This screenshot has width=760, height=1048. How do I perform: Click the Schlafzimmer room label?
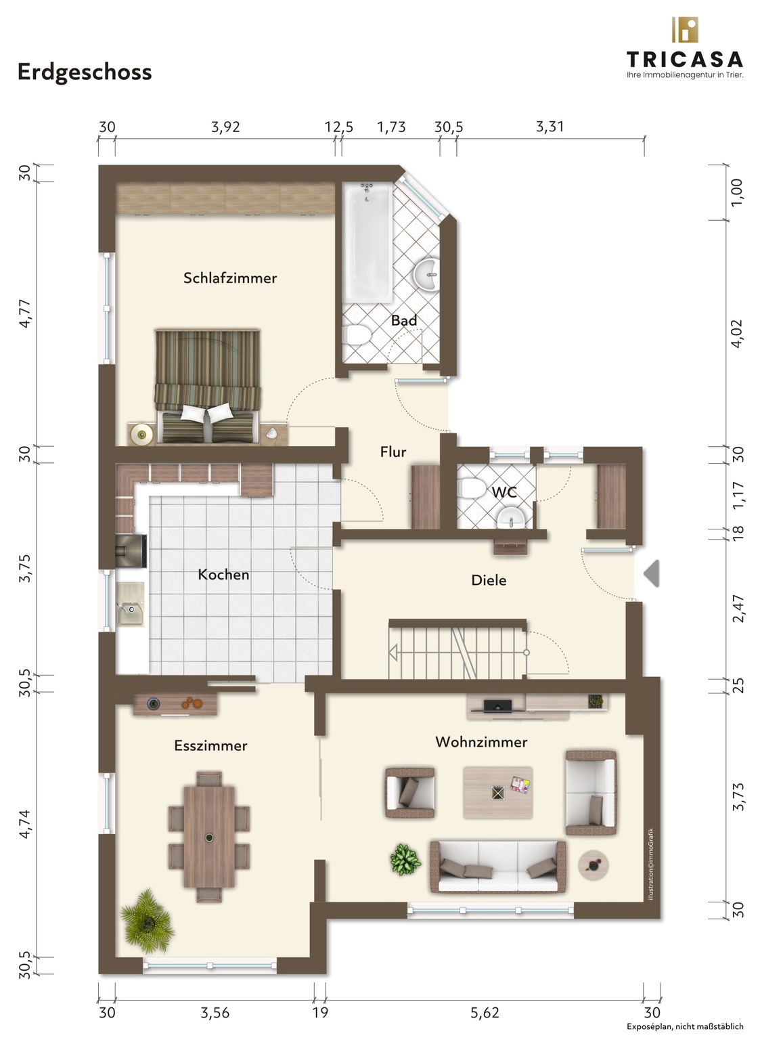pyautogui.click(x=229, y=278)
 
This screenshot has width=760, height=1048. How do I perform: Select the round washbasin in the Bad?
pyautogui.click(x=426, y=275)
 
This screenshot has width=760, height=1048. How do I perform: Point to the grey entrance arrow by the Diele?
pyautogui.click(x=652, y=573)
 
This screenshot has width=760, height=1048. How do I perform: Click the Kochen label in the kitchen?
pyautogui.click(x=223, y=575)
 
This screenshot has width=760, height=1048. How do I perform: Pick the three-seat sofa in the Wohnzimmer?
pyautogui.click(x=497, y=867)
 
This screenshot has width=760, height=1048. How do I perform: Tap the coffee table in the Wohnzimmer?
pyautogui.click(x=497, y=793)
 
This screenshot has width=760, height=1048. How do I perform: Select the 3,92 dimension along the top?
pyautogui.click(x=225, y=127)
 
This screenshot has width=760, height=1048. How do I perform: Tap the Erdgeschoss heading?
pyautogui.click(x=85, y=72)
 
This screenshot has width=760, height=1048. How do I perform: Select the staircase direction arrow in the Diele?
pyautogui.click(x=393, y=652)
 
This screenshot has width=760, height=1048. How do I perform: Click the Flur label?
pyautogui.click(x=393, y=452)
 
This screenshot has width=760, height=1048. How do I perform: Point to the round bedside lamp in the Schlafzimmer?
pyautogui.click(x=141, y=434)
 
